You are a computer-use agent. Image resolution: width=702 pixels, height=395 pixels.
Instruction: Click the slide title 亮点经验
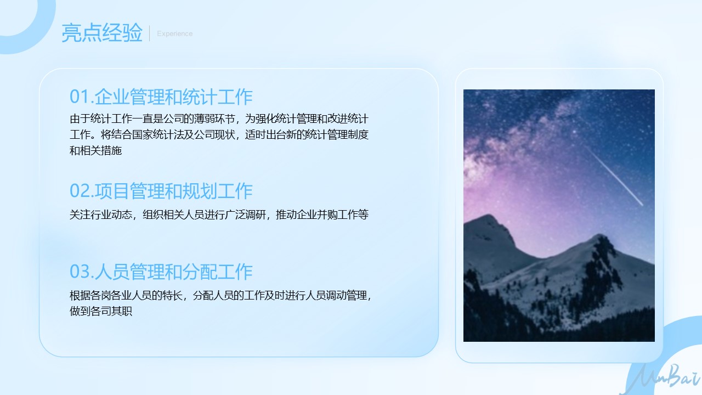[x=102, y=32]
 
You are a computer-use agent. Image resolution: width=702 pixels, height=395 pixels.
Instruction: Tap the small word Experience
[x=175, y=33]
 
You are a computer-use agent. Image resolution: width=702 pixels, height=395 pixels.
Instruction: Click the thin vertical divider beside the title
[x=150, y=33]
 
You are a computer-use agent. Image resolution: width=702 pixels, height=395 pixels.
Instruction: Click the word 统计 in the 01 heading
[x=200, y=97]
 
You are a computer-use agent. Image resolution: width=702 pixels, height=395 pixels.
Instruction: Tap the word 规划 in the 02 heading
[x=200, y=190]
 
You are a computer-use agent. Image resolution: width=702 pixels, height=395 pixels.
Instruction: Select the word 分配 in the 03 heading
[x=200, y=272]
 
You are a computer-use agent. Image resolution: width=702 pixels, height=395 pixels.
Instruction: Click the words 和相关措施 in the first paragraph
[x=95, y=150]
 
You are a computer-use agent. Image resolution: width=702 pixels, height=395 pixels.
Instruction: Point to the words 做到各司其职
[x=101, y=311]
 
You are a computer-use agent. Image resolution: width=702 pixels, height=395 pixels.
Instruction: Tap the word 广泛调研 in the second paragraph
[x=245, y=215]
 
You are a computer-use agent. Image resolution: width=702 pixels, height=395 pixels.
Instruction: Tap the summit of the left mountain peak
[x=488, y=216]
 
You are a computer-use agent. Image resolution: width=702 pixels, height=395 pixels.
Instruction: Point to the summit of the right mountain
[x=599, y=235]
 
